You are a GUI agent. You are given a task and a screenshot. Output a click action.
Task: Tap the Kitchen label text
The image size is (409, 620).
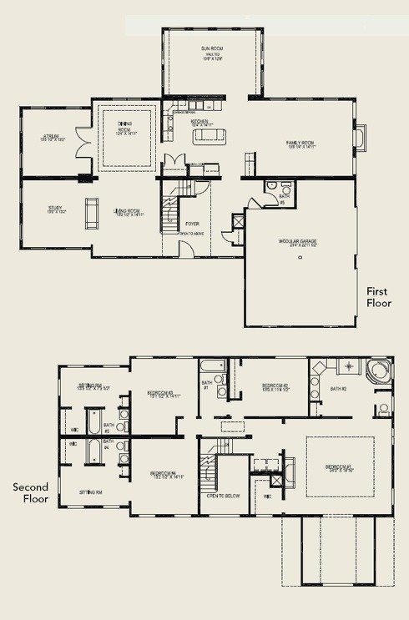click(x=199, y=122)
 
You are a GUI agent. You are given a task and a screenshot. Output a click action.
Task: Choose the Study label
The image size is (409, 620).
click(x=55, y=211)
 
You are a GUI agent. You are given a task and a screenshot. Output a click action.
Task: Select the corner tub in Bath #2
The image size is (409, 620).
click(x=378, y=371)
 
